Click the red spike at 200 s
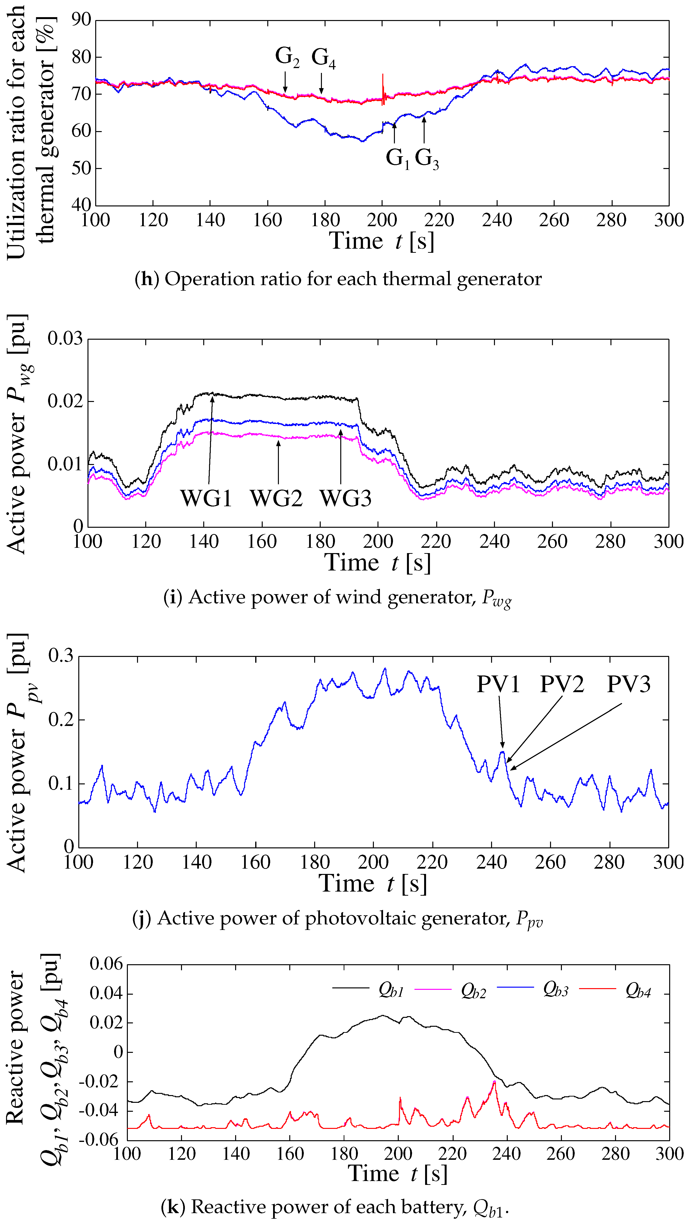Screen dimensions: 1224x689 [x=383, y=85]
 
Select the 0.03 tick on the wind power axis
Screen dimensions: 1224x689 [x=65, y=339]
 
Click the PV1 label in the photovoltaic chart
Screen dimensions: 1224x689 [x=498, y=684]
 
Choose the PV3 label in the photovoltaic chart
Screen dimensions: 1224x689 [x=628, y=684]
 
